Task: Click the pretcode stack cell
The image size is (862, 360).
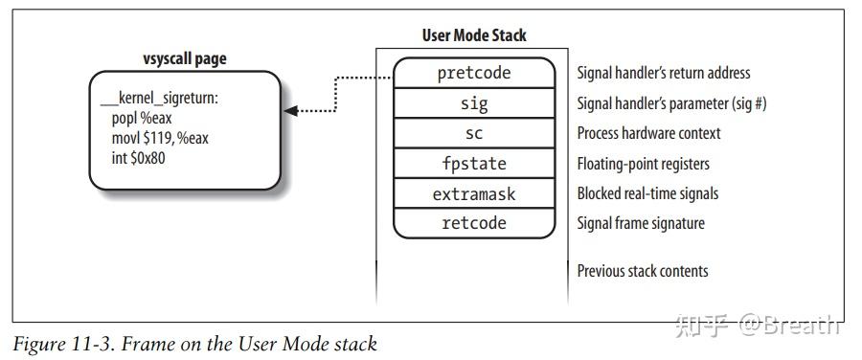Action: [x=474, y=74]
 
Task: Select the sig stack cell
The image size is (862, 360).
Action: [x=474, y=103]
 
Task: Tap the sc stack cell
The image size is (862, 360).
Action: [x=474, y=133]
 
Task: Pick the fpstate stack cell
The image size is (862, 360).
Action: [x=474, y=164]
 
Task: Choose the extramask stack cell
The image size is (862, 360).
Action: [x=474, y=193]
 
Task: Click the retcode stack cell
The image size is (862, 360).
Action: [x=474, y=223]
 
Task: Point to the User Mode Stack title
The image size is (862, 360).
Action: [x=474, y=36]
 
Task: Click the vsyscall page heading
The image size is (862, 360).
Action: [x=185, y=59]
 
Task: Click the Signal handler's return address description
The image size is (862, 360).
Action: [x=664, y=74]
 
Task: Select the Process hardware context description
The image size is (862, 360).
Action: [x=648, y=133]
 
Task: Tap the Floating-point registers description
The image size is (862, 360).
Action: [x=643, y=164]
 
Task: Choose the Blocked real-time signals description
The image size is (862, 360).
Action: [x=647, y=193]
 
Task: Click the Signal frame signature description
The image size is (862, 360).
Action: [x=640, y=223]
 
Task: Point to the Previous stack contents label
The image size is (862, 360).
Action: [x=642, y=271]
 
